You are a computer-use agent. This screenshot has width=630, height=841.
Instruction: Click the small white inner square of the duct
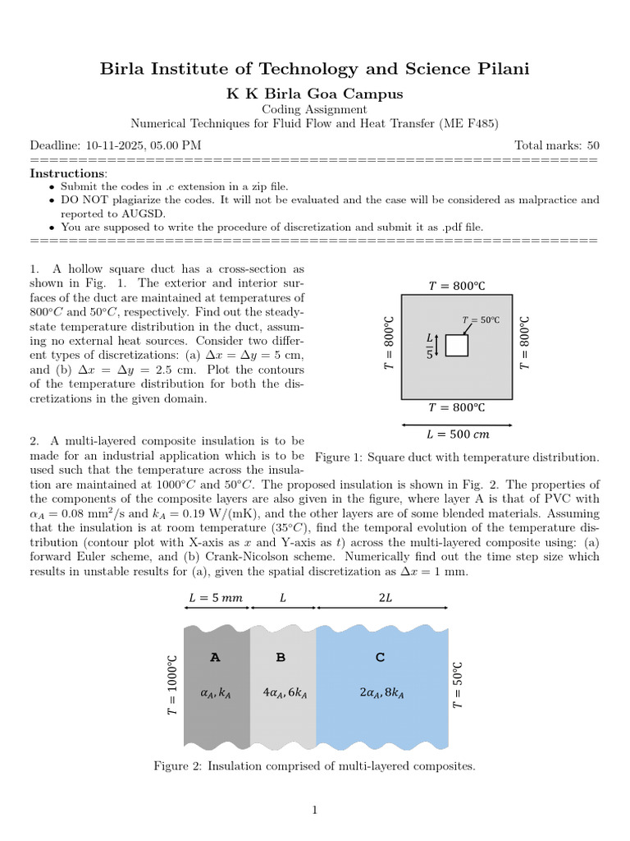click(457, 345)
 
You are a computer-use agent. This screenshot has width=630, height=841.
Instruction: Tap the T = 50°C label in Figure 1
click(481, 320)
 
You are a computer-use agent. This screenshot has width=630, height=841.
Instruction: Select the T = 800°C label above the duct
click(457, 286)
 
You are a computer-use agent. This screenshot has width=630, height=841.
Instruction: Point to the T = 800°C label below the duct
click(457, 407)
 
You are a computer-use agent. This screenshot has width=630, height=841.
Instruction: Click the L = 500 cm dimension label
click(457, 434)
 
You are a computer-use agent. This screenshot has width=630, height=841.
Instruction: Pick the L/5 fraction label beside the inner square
click(429, 345)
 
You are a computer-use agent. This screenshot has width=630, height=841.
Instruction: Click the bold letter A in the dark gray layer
click(215, 657)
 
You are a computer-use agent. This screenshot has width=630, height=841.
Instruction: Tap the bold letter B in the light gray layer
click(281, 657)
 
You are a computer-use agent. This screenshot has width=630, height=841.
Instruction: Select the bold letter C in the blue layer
click(380, 657)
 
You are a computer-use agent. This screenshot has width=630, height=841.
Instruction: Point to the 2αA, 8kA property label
click(382, 693)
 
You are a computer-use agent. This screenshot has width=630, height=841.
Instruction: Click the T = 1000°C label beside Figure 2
click(172, 685)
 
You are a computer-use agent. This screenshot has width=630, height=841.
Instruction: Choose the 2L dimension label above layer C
click(386, 598)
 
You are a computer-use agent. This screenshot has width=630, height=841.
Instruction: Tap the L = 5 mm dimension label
click(216, 598)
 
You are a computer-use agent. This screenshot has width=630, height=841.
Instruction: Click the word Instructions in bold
click(67, 173)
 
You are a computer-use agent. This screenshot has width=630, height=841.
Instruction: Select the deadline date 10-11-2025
click(114, 145)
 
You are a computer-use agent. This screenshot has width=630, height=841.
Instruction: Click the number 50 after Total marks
click(592, 145)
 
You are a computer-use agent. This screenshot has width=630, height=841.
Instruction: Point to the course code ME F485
click(471, 123)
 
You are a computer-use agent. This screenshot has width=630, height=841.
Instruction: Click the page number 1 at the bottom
click(314, 811)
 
